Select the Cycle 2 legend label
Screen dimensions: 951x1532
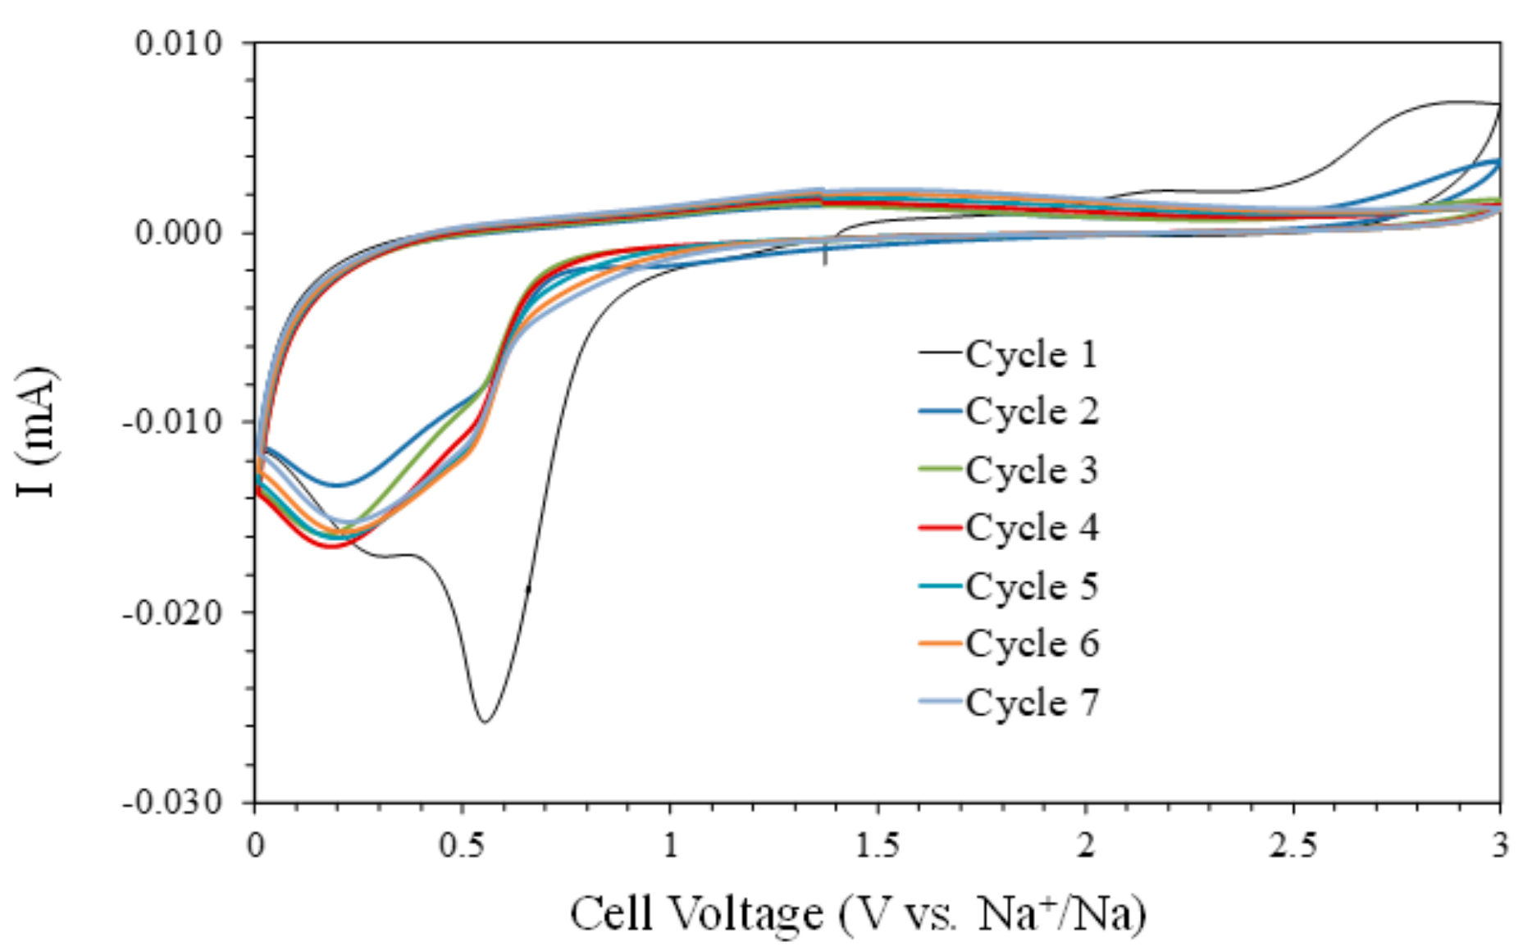pyautogui.click(x=1031, y=412)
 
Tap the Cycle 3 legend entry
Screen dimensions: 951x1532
pyautogui.click(x=1031, y=470)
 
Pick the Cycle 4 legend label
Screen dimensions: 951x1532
pyautogui.click(x=1031, y=528)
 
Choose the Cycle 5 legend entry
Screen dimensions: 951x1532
pyautogui.click(x=1031, y=586)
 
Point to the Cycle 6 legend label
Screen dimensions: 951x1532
pyautogui.click(x=1031, y=644)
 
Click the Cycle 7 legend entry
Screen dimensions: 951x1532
pyautogui.click(x=1031, y=703)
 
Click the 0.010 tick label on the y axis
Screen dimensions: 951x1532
pyautogui.click(x=179, y=43)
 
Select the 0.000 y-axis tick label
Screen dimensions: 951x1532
pyautogui.click(x=179, y=233)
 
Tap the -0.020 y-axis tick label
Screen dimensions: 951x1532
pyautogui.click(x=172, y=612)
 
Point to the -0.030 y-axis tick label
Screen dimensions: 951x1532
pyautogui.click(x=172, y=802)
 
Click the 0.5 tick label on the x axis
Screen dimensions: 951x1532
pyautogui.click(x=463, y=844)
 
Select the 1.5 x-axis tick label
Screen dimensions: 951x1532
pyautogui.click(x=878, y=844)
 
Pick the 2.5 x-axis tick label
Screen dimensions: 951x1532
pyautogui.click(x=1293, y=844)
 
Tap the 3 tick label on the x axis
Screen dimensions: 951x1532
pyautogui.click(x=1500, y=844)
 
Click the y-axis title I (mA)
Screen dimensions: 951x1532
pyautogui.click(x=36, y=432)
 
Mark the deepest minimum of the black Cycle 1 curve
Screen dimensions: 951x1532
pyautogui.click(x=485, y=722)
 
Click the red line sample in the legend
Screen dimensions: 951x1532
pyautogui.click(x=940, y=528)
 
